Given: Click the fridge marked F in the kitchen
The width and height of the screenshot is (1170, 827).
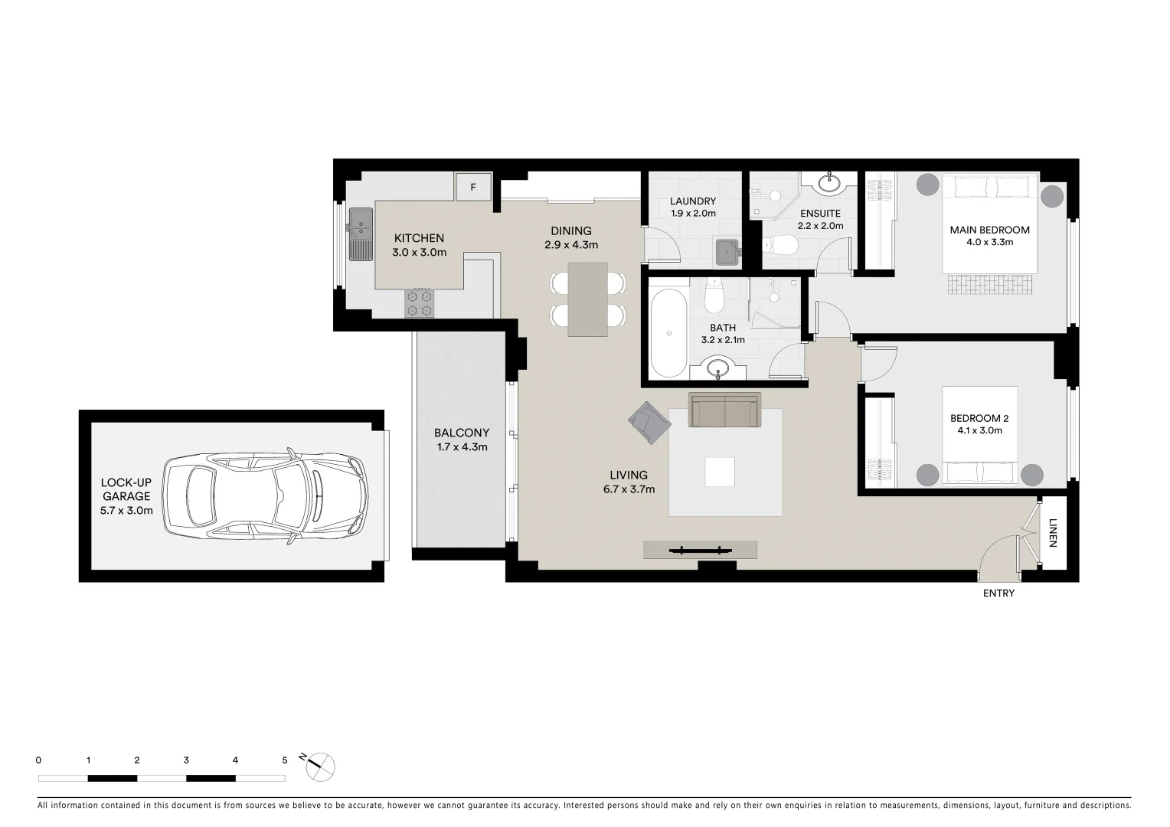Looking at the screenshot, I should point(473,187).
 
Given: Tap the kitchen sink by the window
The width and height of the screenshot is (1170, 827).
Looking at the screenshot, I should point(358,234).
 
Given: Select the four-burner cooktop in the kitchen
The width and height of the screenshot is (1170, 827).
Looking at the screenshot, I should point(418,302).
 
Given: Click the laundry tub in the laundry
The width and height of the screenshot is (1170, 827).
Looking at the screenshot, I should point(726,252).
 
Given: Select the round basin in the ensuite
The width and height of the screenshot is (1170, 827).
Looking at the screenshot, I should point(828,184).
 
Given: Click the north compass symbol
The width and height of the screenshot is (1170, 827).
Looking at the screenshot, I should point(320,765).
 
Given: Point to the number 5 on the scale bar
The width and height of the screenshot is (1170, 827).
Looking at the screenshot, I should point(285,760).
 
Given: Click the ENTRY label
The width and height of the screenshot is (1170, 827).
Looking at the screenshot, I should point(998,593).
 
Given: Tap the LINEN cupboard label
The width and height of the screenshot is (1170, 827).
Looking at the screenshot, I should point(1053,534).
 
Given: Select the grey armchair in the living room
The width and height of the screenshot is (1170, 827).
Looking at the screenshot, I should point(649,423).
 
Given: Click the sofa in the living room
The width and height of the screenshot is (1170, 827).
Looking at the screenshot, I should point(724,410).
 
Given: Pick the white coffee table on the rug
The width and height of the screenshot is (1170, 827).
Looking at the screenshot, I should point(720,472).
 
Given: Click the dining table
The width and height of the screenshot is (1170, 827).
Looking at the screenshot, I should point(588,299).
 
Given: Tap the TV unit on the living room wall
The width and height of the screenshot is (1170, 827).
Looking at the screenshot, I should point(700,549).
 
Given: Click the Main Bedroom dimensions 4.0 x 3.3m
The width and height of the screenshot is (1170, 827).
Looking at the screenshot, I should point(989,242).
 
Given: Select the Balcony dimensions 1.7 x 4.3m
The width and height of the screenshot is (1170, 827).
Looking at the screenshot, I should point(461,447).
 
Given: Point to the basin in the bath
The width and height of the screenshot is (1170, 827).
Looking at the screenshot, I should point(718,369).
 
